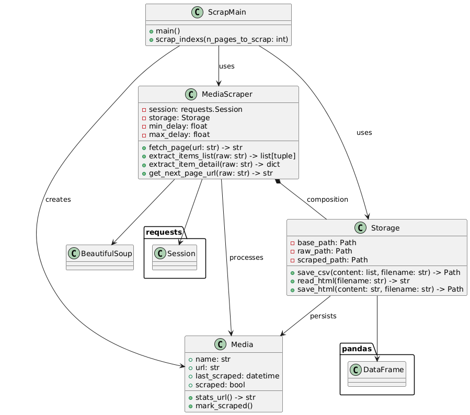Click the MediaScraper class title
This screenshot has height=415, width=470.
tap(225, 94)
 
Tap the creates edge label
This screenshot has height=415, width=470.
tap(58, 200)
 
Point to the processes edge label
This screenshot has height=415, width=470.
tap(246, 258)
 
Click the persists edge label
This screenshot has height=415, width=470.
tap(323, 316)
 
